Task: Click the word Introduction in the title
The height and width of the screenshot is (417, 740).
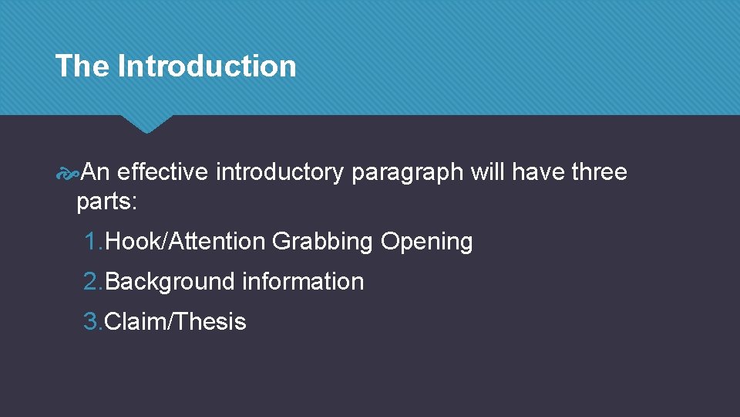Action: coord(207,66)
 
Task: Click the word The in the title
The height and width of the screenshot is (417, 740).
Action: coord(82,66)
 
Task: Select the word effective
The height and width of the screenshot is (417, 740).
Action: coord(163,172)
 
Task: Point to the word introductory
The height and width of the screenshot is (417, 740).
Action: coord(279,172)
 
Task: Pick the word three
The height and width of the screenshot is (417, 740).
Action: coord(599,172)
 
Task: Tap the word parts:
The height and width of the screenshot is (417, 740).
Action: coord(107,202)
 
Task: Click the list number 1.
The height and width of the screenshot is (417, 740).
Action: coord(93,242)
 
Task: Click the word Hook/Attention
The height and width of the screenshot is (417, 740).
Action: coord(185,242)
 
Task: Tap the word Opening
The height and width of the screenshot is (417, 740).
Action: coord(426,242)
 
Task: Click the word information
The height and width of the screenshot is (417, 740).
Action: coord(302,282)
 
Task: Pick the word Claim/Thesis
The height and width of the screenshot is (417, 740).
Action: coord(175,322)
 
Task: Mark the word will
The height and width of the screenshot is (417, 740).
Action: coord(488,172)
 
